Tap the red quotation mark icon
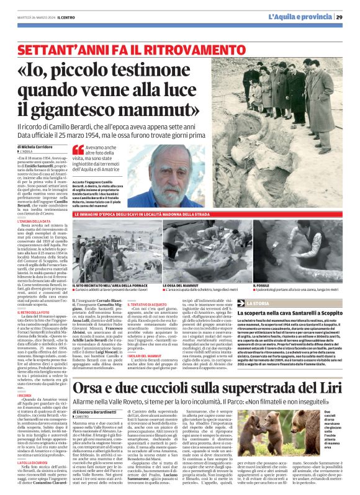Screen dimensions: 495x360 pos(78,149)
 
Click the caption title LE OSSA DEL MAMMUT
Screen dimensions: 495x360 pos(180,285)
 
